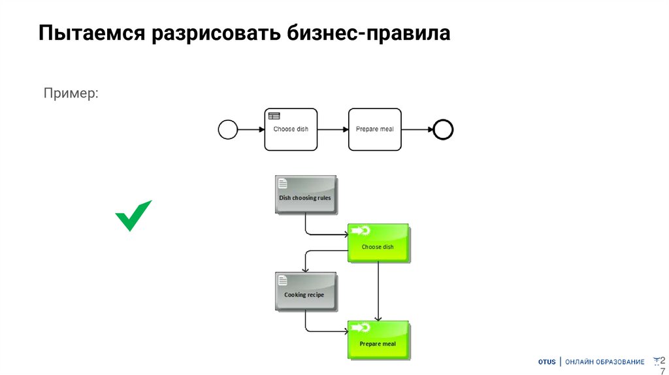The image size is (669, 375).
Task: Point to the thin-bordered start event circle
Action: tap(227, 129)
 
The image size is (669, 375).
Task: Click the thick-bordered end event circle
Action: tap(443, 129)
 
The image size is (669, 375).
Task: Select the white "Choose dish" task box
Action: tap(291, 129)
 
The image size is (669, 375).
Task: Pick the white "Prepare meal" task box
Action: tap(374, 129)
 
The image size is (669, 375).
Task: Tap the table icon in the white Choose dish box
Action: tap(274, 116)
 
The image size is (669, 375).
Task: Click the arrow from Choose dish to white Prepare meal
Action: tap(333, 129)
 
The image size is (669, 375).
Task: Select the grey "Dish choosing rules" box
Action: tap(305, 195)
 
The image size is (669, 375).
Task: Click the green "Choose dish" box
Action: tap(378, 244)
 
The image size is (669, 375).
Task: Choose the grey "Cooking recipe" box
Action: tap(305, 292)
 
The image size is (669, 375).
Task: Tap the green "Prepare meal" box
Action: tap(378, 340)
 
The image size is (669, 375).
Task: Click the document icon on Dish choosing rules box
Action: tap(283, 184)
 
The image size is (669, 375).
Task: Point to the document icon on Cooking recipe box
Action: tap(283, 281)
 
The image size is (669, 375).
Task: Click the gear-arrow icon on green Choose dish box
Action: tap(361, 230)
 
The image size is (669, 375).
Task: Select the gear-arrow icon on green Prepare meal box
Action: tap(361, 327)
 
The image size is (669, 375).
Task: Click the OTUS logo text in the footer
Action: tap(547, 362)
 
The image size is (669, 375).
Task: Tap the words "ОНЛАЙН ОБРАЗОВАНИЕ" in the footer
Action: tap(604, 362)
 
